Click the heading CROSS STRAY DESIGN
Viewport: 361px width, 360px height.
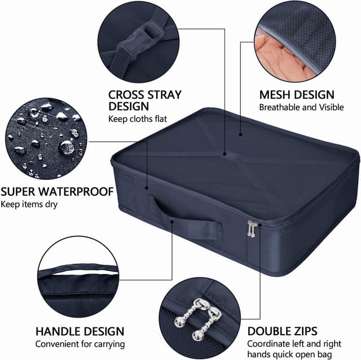144,100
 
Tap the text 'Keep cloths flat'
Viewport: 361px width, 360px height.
138,118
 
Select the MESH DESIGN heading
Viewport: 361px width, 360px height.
297,94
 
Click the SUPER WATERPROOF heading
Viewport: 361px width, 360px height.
58,191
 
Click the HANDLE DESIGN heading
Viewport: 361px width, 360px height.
80,331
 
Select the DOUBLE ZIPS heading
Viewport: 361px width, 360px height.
282,331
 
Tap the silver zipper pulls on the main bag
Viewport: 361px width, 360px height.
252,228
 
